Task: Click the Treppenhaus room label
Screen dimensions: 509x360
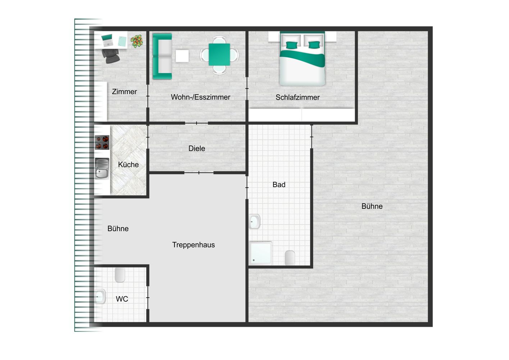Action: tap(194, 245)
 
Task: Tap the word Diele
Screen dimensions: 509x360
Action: tap(197, 149)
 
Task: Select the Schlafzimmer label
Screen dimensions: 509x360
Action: tap(297, 97)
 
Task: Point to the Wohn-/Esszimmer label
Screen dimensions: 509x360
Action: tap(200, 97)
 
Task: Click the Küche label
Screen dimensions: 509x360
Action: tap(128, 165)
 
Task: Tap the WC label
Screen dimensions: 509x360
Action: tap(122, 299)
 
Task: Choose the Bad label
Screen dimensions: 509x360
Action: tap(279, 184)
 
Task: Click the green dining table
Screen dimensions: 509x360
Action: tap(219, 55)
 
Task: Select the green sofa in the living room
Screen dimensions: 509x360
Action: tap(162, 57)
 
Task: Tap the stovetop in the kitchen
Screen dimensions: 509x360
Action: tap(102, 142)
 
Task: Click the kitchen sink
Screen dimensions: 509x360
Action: tap(102, 168)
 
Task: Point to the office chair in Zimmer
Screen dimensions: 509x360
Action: tap(110, 56)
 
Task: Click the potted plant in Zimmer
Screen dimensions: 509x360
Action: tap(137, 41)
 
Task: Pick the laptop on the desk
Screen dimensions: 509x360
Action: tap(107, 40)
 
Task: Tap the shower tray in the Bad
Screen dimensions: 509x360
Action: tap(260, 253)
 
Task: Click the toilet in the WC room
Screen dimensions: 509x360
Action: tap(120, 275)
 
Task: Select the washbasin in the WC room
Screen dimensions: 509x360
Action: tap(100, 297)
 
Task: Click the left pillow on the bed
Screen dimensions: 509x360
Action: tap(291, 45)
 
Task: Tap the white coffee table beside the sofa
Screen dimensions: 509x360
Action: tap(182, 56)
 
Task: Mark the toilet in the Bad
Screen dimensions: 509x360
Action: tap(290, 258)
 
